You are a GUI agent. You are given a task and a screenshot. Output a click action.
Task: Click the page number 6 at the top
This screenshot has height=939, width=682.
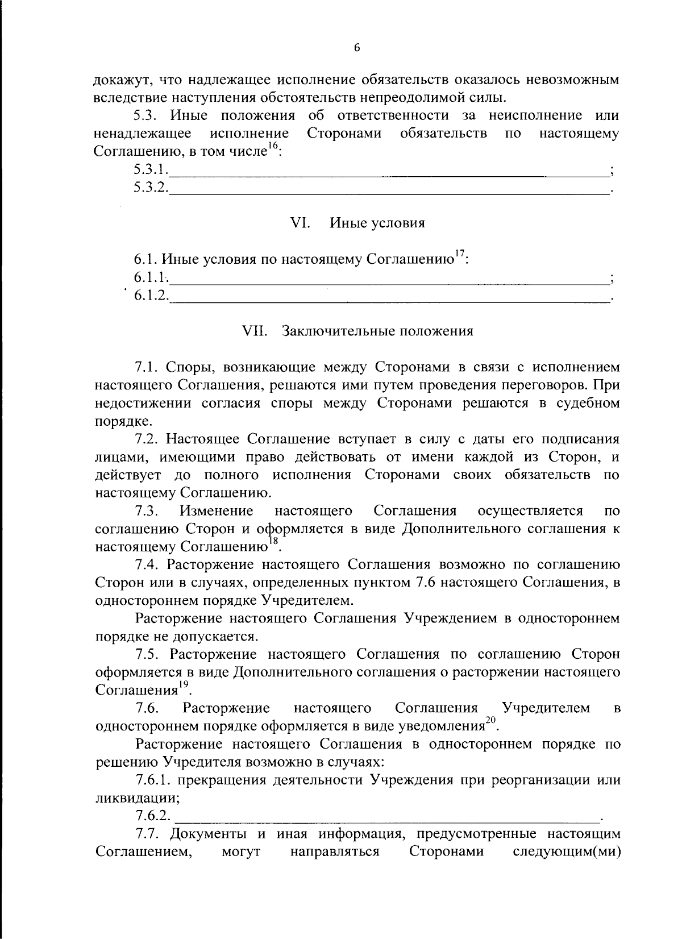(x=357, y=49)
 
